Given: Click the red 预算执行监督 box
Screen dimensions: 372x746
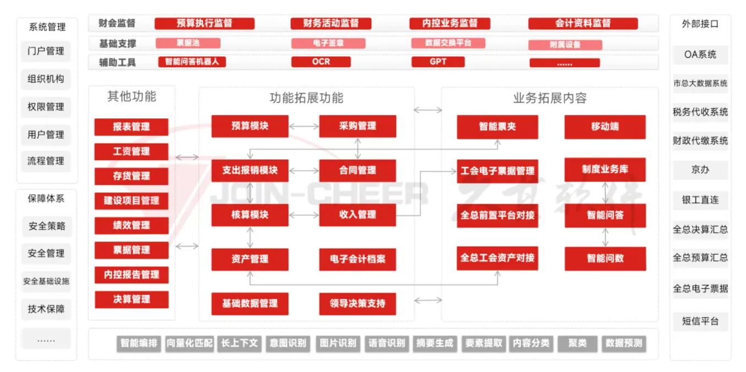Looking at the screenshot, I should coord(204,23).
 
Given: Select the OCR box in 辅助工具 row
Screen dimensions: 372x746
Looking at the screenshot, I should coord(321,62).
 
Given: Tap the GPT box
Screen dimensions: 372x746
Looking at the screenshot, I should coord(438,62).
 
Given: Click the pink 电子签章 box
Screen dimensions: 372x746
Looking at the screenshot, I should coord(328,43).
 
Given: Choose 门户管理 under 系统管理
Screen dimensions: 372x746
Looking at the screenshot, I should coord(46,51).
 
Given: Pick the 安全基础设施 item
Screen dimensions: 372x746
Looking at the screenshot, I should coord(46,281).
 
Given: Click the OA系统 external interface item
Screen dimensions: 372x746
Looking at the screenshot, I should coord(700,54).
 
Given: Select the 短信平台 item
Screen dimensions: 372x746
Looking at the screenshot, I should coord(700,321).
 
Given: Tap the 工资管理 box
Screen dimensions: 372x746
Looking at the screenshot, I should coord(131,151).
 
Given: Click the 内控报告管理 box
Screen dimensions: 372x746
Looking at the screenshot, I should coord(131,275).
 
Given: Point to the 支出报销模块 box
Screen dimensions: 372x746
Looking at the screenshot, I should coord(250,171).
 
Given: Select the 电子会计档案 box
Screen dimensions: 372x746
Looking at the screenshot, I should coord(358,259).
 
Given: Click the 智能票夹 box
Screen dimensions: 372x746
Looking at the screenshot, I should coord(497,127).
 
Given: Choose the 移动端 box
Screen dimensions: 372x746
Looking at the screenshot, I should coord(605,127).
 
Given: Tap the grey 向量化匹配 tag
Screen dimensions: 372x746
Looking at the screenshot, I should coord(189,343).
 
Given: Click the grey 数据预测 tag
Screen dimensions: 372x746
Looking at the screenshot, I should coord(623,343).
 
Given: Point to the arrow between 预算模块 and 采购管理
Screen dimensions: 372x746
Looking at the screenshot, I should coord(304,127).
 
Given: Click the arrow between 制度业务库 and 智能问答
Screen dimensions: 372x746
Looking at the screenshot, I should coord(605,193).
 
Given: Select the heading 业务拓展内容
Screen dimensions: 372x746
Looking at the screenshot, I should coord(550,99).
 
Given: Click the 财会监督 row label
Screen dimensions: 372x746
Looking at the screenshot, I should coord(117,23).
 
